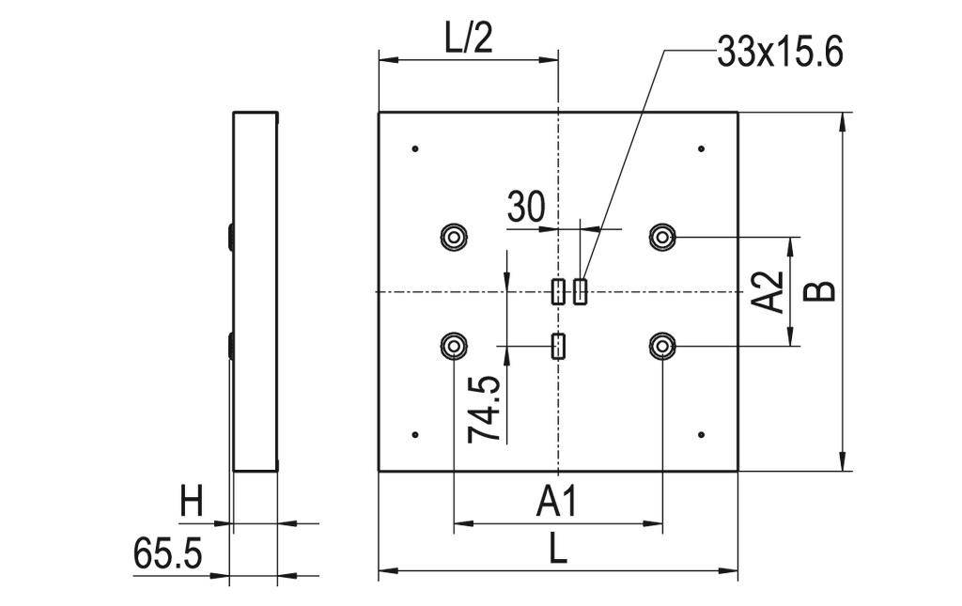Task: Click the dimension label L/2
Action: click(467, 40)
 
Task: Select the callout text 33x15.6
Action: click(779, 53)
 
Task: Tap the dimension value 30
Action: click(525, 207)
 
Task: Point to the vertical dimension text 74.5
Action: click(485, 411)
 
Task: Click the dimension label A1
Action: click(556, 503)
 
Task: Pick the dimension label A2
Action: click(769, 291)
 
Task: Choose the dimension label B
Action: click(820, 290)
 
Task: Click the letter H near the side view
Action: click(192, 504)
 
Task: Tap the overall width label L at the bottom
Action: click(558, 550)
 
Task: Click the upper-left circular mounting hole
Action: click(454, 237)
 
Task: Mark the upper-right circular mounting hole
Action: click(663, 237)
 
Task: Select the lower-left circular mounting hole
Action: click(454, 347)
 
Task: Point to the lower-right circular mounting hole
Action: click(663, 347)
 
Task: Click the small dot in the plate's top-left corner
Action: click(414, 148)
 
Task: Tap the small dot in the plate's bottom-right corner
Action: click(702, 434)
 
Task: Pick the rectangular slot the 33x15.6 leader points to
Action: click(581, 291)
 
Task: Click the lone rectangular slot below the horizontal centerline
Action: click(558, 347)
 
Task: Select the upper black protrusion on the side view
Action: click(230, 236)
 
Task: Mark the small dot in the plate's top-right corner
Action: click(702, 148)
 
